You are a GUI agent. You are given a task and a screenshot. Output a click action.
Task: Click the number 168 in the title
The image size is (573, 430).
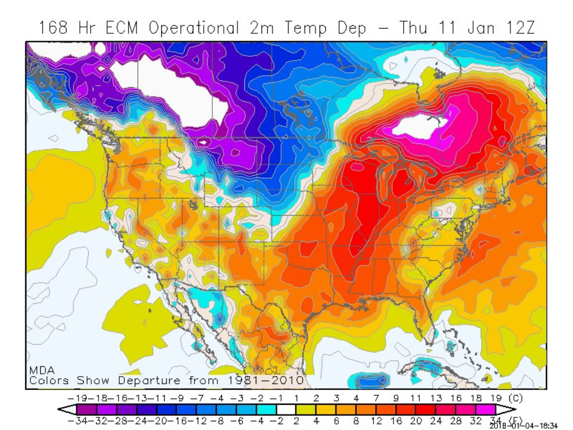(x=55, y=28)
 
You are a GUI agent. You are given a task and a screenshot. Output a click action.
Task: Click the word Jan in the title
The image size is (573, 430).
(x=469, y=28)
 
